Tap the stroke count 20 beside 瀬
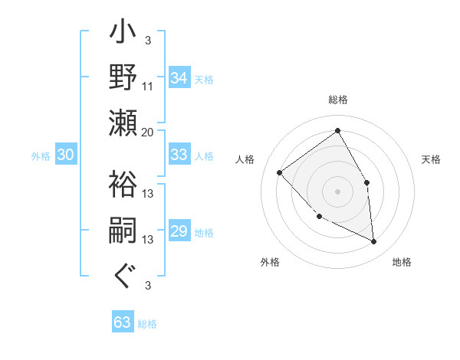pos(147,132)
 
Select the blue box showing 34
pos(179,78)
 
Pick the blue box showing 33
pos(179,155)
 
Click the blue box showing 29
pos(179,232)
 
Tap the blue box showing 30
pos(65,155)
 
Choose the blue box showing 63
pos(122,322)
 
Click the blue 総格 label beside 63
pos(147,324)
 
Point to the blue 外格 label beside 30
pos(41,156)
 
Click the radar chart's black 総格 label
pos(337,100)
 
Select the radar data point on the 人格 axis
pos(280,172)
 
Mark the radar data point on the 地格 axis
pos(373,241)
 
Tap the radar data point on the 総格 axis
pos(337,131)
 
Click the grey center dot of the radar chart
pos(337,191)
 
